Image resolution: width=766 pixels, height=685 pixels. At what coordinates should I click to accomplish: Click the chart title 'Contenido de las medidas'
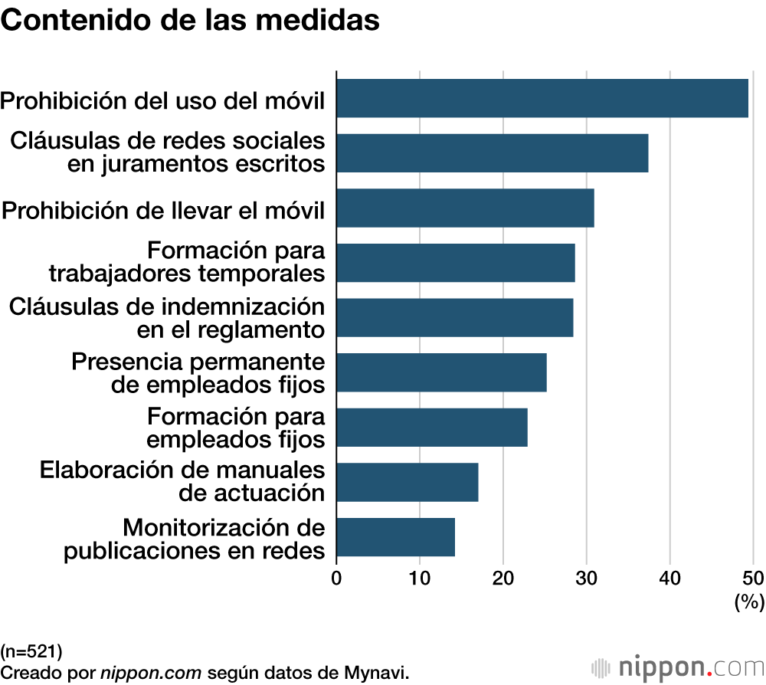(191, 21)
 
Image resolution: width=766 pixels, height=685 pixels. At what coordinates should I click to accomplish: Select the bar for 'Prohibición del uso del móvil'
(542, 98)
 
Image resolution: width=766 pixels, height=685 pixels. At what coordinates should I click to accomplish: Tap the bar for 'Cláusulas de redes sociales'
(493, 152)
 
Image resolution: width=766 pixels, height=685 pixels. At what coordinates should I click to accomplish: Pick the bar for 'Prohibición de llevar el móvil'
(465, 208)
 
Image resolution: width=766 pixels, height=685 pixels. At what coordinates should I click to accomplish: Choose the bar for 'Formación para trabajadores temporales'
(456, 263)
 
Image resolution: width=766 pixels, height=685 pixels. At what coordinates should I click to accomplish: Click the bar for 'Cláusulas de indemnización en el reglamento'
(455, 317)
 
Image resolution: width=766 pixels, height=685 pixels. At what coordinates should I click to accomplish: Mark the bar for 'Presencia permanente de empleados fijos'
(442, 372)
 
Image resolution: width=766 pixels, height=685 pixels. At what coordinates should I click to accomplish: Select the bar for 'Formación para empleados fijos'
(432, 428)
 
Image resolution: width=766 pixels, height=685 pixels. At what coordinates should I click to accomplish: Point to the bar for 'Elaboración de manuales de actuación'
(408, 482)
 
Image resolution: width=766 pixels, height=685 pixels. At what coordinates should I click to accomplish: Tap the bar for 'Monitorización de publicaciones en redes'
(396, 537)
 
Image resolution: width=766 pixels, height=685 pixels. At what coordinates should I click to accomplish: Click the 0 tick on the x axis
(336, 577)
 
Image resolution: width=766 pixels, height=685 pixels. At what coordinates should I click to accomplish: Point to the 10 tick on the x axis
(420, 577)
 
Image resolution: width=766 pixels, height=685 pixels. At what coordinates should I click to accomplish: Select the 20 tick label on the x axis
(503, 577)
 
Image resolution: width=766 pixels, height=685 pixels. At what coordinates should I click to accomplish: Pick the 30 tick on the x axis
(587, 577)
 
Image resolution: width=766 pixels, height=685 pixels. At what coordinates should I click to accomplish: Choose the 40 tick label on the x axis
(670, 577)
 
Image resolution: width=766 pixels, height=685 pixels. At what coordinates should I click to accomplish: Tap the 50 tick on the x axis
(753, 577)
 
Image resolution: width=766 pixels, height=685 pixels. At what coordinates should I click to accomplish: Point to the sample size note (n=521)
(31, 652)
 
